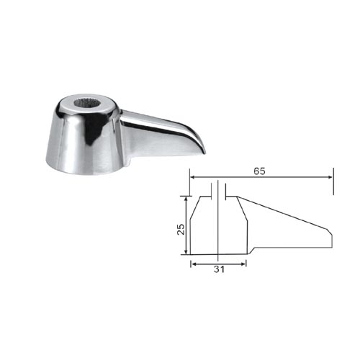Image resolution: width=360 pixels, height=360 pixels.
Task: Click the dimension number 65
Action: pyautogui.click(x=259, y=171)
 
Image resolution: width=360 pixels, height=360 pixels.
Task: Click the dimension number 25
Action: pyautogui.click(x=181, y=229)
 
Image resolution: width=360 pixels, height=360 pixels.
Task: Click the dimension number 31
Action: pyautogui.click(x=219, y=269)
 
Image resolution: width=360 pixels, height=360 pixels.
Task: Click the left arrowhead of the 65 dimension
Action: pyautogui.click(x=193, y=177)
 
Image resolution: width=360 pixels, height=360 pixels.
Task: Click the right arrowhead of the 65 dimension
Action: pyautogui.click(x=330, y=177)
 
